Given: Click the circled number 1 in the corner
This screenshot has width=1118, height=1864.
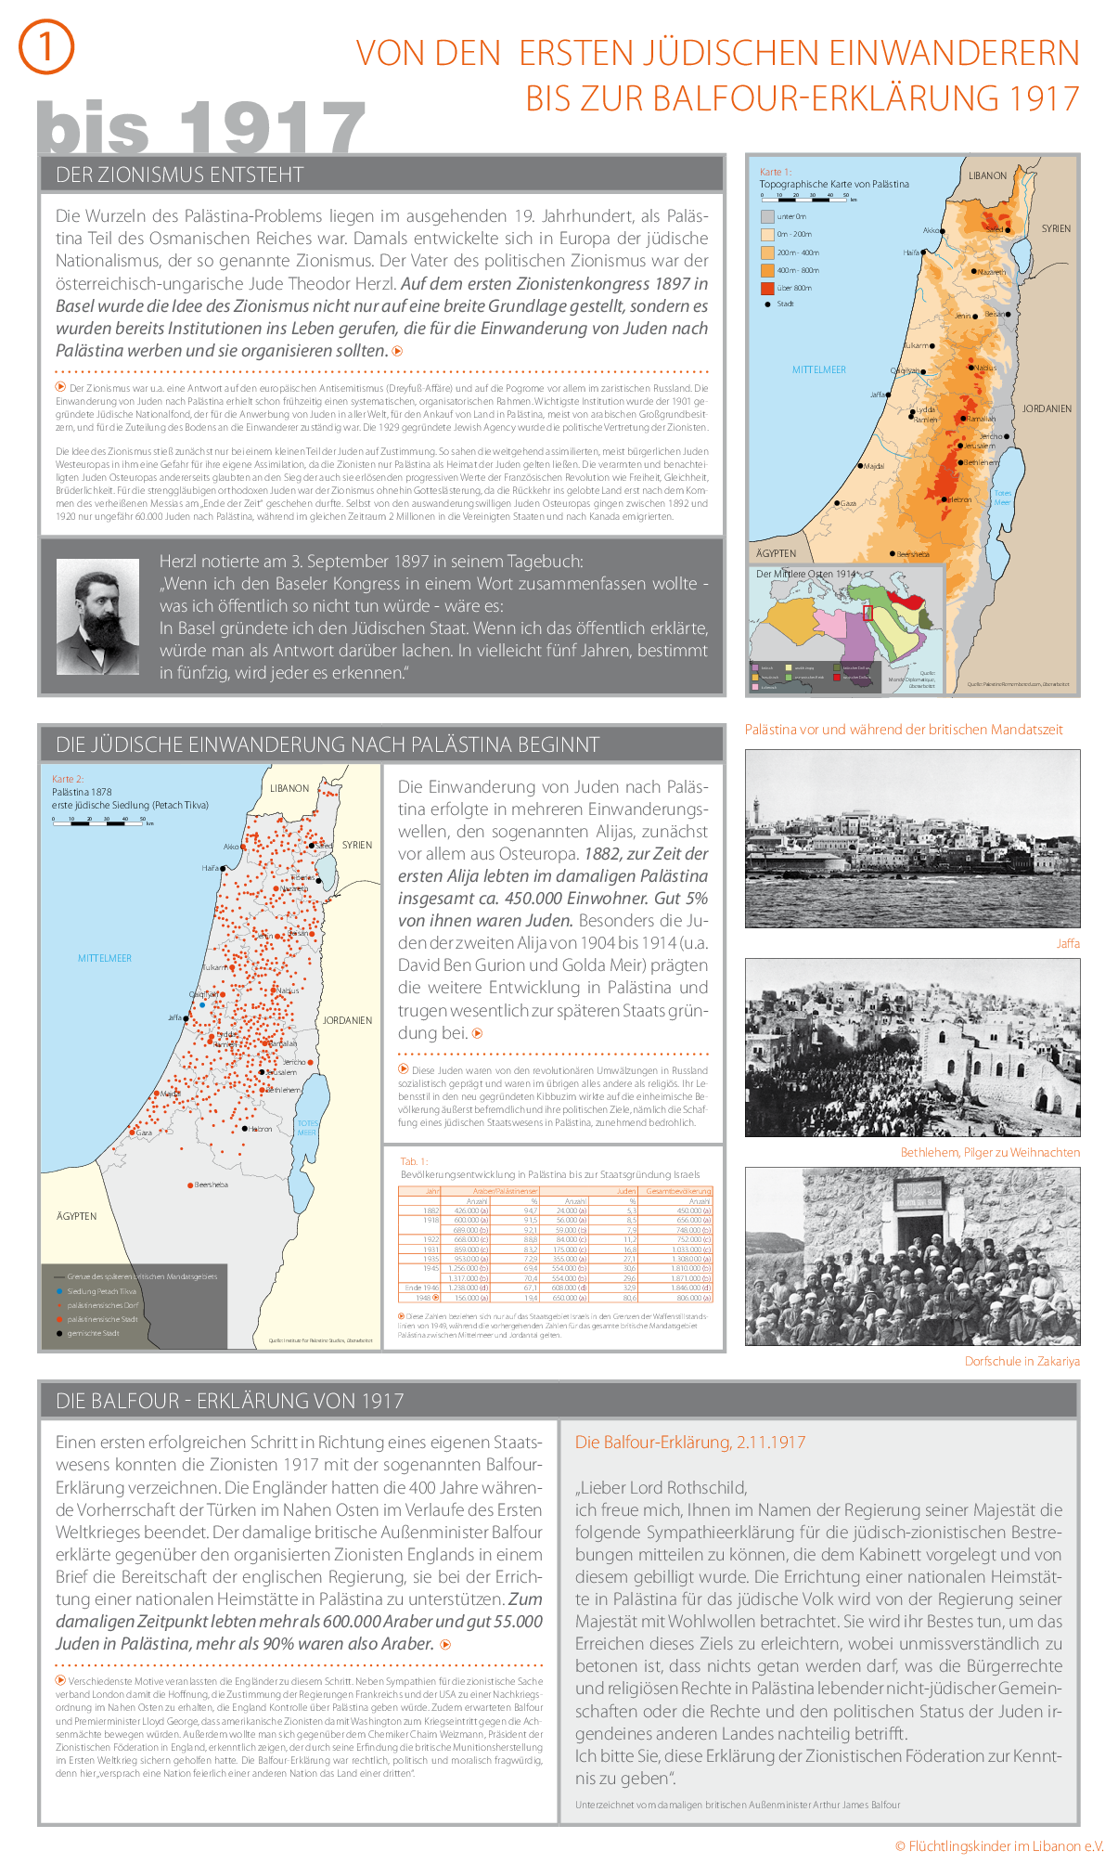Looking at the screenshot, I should (x=45, y=47).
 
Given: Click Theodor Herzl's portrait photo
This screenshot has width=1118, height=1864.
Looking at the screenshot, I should (x=97, y=616).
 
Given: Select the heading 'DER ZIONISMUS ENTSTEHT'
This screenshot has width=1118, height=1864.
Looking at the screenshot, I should (x=179, y=175).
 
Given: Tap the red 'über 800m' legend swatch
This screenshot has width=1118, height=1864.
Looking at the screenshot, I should (x=767, y=288).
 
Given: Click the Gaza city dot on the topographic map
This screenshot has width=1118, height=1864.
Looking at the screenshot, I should (x=836, y=503).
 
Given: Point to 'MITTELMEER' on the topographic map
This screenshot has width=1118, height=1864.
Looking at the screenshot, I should (x=818, y=369).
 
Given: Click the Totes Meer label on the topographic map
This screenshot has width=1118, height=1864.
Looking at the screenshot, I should (x=1002, y=498).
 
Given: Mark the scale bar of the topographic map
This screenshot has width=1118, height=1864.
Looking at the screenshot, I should (x=804, y=196).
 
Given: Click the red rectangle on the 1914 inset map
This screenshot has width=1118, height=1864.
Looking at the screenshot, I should (x=868, y=613).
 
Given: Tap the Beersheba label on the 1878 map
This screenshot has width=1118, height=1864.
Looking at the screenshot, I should (x=211, y=1184).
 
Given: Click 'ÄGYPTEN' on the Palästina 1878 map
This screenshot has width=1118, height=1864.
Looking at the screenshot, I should (x=76, y=1216).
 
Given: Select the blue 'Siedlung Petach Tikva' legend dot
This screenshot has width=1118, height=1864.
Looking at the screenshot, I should (x=59, y=1291).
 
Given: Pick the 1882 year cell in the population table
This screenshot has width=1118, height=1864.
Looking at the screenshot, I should (x=431, y=1210).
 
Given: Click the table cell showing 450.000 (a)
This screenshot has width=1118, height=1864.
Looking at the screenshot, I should (x=693, y=1210).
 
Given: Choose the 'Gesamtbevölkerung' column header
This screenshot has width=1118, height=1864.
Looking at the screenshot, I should (x=678, y=1191).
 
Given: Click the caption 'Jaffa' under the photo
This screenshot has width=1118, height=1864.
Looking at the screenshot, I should (x=1067, y=943).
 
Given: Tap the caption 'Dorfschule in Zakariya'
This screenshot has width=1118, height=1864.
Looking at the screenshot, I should (x=1022, y=1361).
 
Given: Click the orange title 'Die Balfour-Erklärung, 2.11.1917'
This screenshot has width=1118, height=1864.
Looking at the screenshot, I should (x=689, y=1442).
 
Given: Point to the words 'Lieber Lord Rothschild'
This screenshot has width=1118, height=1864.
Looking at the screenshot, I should (x=662, y=1487).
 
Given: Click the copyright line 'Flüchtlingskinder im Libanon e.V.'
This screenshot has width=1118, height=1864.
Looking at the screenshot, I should (x=999, y=1845).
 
